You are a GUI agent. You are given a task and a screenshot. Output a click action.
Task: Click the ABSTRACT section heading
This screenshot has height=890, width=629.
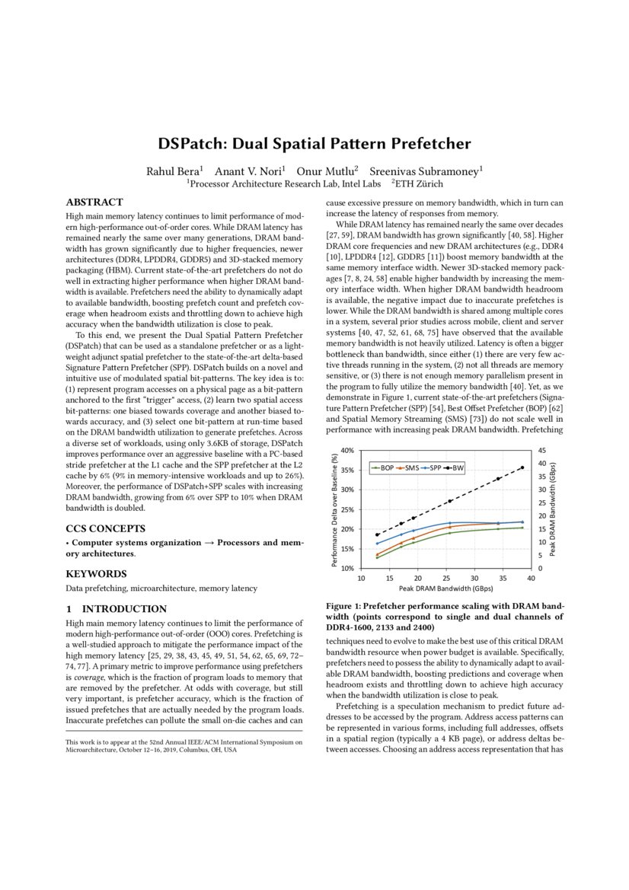94,203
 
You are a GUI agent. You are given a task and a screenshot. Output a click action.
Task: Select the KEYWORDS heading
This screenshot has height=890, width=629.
97,573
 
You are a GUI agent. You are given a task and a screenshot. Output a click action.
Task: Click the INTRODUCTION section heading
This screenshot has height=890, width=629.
125,609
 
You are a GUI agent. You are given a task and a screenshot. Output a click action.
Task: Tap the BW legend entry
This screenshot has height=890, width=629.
458,467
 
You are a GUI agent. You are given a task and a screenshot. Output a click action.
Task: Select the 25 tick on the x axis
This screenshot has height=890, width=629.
446,578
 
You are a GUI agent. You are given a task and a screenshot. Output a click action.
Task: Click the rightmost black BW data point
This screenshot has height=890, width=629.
522,467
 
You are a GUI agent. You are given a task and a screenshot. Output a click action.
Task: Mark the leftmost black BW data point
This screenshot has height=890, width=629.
377,534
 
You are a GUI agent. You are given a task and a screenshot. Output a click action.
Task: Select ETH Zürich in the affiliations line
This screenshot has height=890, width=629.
419,183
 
